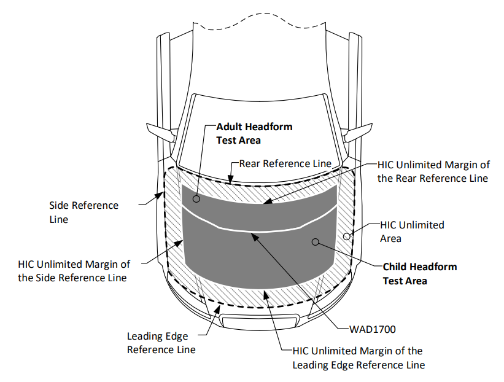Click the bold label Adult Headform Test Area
[254, 133]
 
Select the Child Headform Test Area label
[419, 274]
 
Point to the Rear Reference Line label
[285, 163]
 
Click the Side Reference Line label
[83, 212]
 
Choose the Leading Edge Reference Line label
[161, 343]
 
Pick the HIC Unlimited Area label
[412, 232]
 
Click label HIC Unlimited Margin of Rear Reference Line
[433, 171]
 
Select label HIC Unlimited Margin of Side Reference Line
[74, 271]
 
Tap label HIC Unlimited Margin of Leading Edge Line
[357, 358]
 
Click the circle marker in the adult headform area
[196, 199]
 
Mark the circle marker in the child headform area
[316, 242]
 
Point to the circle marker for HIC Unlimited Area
[347, 235]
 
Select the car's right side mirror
[359, 131]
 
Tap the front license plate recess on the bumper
[253, 321]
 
